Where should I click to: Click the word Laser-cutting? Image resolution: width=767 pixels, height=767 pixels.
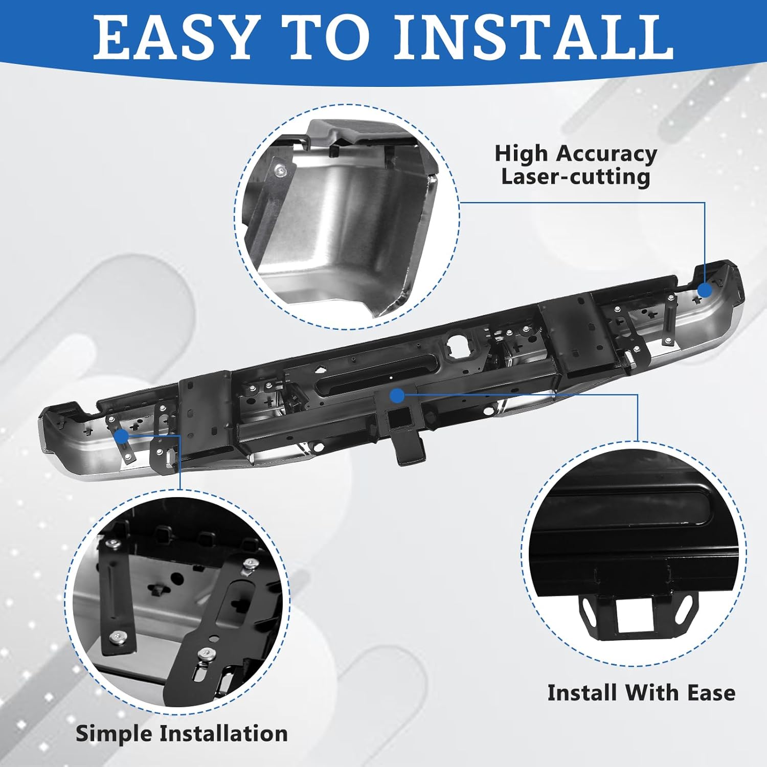(575, 177)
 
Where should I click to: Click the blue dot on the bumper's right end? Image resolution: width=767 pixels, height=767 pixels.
(705, 290)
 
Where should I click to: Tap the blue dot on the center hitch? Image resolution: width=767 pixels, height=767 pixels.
(397, 395)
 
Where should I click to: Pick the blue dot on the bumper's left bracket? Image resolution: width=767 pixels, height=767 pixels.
(122, 436)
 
